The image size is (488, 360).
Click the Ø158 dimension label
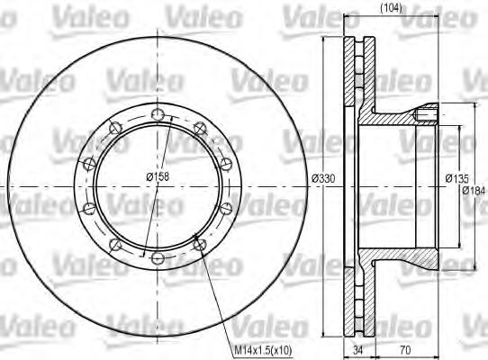click(158, 176)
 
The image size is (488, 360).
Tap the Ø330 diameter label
click(323, 179)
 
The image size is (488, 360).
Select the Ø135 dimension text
click(456, 179)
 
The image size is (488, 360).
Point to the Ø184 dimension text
click(474, 190)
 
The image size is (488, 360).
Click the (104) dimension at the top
click(391, 8)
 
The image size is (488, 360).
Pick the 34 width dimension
click(358, 350)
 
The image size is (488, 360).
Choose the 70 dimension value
click(405, 350)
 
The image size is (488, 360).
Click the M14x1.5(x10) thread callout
click(263, 350)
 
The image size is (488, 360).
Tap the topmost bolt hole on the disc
click(158, 115)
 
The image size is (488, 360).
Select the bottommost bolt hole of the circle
click(158, 258)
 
